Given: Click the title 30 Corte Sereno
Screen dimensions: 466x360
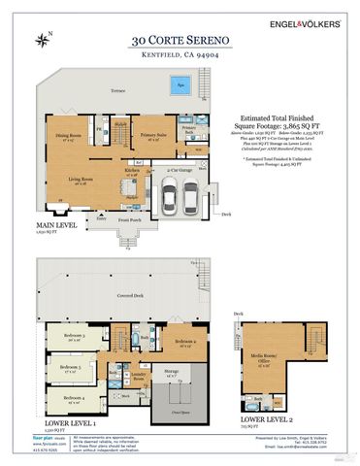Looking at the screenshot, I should pos(180,41).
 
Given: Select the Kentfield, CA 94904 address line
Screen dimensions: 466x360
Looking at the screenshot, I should pos(180,56).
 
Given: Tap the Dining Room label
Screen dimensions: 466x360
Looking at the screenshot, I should pos(68,135).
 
